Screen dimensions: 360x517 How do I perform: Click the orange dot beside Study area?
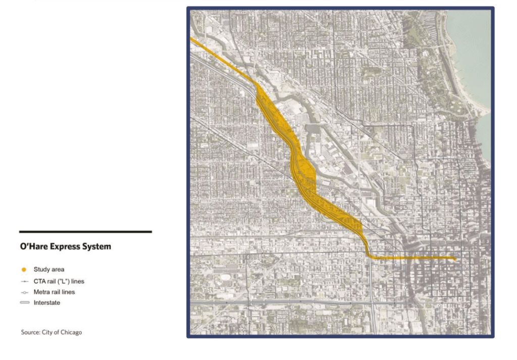24,270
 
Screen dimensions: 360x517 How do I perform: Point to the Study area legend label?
49,270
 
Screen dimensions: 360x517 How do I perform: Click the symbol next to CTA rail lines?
24,281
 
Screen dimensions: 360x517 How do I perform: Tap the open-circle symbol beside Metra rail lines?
24,292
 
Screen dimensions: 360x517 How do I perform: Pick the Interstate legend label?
47,302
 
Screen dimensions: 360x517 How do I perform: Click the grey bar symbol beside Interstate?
24,303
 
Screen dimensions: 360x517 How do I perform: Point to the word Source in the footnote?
30,332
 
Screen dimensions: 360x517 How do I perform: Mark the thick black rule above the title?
85,232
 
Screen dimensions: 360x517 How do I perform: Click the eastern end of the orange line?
454,259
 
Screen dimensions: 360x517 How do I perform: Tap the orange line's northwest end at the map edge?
192,39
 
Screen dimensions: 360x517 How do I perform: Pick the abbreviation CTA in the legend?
40,281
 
